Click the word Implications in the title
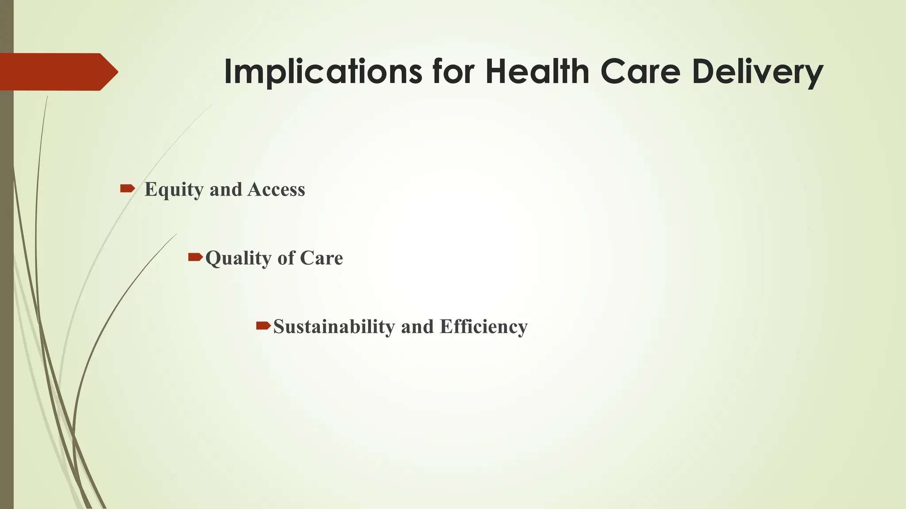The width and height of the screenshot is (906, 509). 323,72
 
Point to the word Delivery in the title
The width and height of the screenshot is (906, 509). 757,72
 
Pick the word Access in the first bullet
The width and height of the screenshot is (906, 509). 276,190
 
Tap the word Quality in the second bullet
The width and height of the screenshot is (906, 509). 237,258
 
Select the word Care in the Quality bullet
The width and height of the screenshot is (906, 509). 321,258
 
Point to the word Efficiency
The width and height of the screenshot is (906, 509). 484,327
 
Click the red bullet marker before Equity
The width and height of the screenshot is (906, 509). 127,189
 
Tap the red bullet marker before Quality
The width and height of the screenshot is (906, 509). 195,257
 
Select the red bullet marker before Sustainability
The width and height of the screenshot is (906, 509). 263,326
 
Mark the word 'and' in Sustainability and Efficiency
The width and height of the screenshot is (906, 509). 417,327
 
